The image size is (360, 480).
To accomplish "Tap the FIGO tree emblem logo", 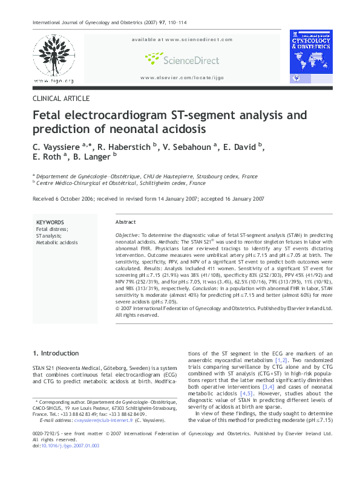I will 54,56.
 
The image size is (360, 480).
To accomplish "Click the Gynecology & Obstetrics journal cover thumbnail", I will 311,56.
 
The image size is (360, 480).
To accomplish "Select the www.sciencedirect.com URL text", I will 182,39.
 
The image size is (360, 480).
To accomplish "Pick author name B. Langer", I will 92,159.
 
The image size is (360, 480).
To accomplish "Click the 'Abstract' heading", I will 125,222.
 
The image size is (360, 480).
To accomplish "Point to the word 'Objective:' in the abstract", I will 128,233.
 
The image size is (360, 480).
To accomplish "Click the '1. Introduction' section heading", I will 55,353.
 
